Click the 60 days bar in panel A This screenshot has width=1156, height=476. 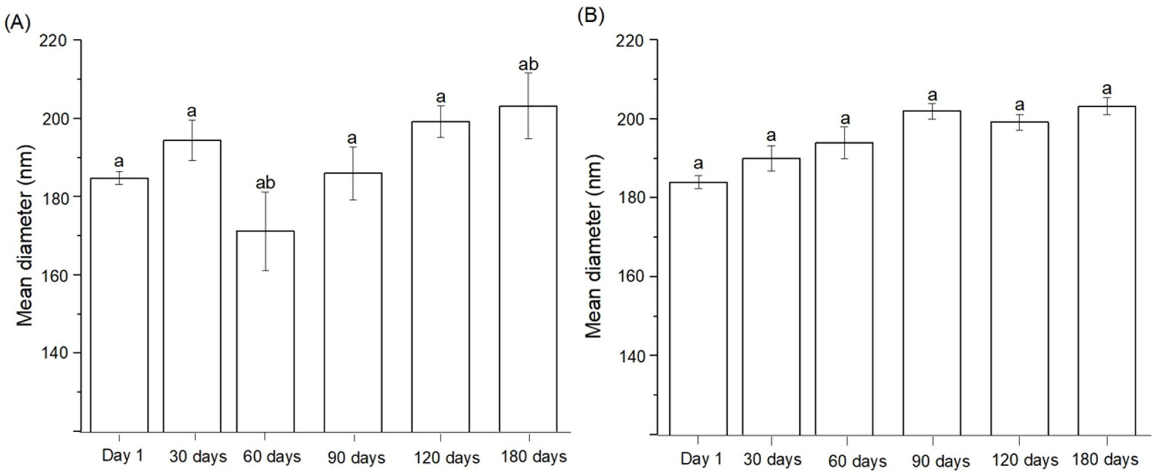[265, 332]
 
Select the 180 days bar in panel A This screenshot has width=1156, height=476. [528, 269]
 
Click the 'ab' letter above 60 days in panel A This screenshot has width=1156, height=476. [265, 183]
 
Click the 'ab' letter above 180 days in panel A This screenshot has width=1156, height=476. [528, 65]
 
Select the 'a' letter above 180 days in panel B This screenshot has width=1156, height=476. [1107, 89]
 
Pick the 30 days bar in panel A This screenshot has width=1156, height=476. [192, 288]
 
